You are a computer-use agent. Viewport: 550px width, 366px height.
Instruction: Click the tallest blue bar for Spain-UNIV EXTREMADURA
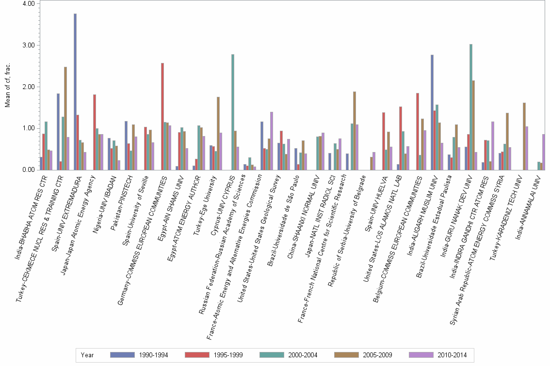click(75, 92)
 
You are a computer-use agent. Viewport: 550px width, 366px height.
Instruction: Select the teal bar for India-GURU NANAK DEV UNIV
click(471, 107)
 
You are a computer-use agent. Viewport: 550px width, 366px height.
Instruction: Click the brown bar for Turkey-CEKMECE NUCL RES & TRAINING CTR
click(65, 119)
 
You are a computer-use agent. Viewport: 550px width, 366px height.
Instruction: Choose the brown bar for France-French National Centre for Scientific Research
click(355, 131)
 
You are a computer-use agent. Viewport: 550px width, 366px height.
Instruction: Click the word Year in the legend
click(87, 355)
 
